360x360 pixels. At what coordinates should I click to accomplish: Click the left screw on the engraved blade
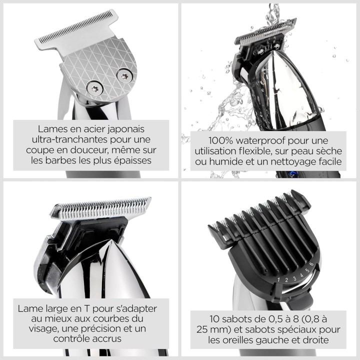pyautogui.click(x=94, y=88)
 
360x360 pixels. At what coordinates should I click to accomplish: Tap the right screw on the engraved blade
pyautogui.click(x=124, y=76)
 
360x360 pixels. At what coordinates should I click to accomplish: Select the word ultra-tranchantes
pyautogui.click(x=68, y=138)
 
